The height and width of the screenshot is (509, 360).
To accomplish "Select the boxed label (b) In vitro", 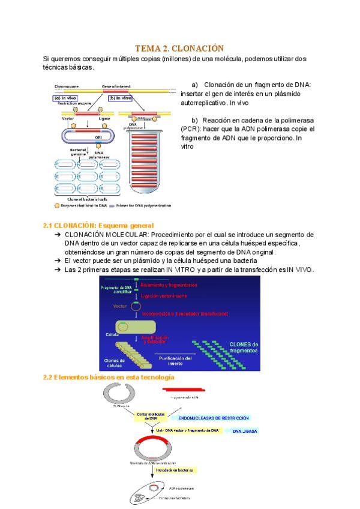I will click(120, 98).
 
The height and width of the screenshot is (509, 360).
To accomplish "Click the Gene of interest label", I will click(116, 86).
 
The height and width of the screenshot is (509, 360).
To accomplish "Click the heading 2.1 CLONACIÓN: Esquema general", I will click(98, 225).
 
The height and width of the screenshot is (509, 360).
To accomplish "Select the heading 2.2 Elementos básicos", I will click(109, 377).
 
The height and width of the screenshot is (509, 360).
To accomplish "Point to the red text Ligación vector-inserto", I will click(164, 297).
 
